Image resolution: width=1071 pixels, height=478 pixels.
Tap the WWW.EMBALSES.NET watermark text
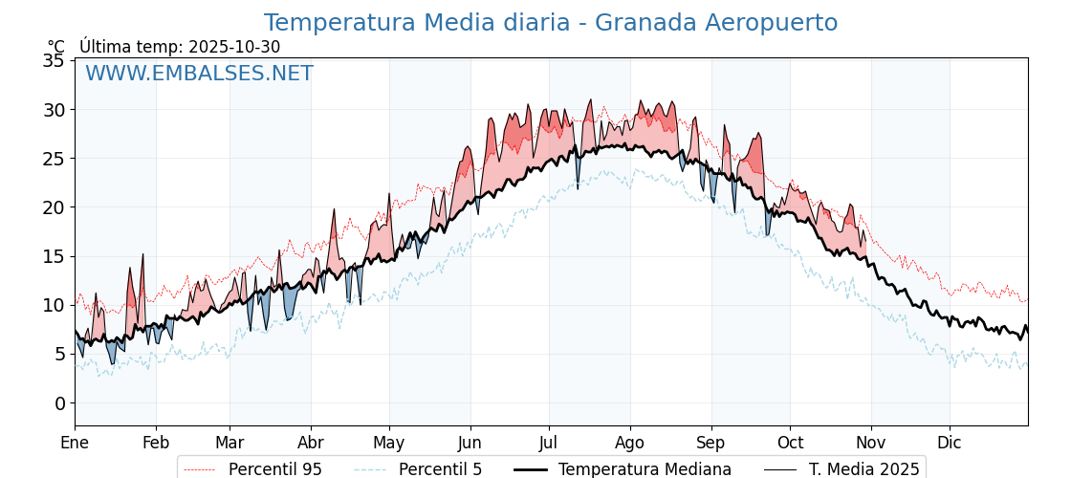pos(199,74)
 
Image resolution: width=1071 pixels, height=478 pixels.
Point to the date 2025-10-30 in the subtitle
pos(234,47)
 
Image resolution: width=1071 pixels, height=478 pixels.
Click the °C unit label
pos(56,47)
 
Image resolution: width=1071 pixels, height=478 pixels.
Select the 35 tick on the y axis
pos(55,61)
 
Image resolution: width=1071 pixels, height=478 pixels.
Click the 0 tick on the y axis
pos(59,403)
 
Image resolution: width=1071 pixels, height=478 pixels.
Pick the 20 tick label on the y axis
pos(55,207)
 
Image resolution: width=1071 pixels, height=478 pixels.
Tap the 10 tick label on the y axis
pos(55,306)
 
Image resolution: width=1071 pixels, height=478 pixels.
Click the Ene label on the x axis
pos(75,443)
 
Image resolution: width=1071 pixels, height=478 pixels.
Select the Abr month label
pos(311,443)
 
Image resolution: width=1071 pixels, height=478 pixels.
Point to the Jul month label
pos(549,443)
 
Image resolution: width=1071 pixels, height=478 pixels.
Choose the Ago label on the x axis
pos(630,443)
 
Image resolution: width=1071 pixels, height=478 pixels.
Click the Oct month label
pos(790,443)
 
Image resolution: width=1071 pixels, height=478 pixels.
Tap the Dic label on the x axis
pos(950,443)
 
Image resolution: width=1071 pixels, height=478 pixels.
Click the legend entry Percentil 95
pos(274,469)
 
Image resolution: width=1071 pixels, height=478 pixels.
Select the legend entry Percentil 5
pos(440,469)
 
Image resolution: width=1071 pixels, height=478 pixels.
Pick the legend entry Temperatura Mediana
pos(645,469)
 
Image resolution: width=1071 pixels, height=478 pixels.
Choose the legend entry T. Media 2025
pos(863,469)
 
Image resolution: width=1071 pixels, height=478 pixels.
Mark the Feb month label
pos(156,443)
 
